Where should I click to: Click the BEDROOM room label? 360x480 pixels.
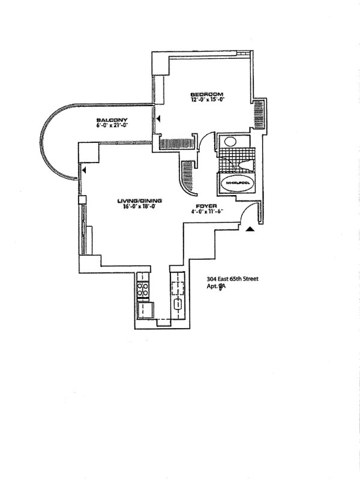[207, 94]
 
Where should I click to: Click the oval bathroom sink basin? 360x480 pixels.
[229, 142]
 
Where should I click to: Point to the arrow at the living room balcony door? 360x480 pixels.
[85, 171]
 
